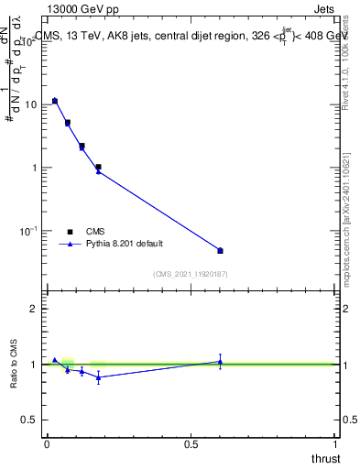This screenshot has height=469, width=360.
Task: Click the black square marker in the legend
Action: (70, 232)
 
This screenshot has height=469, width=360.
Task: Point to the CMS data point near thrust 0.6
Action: (220, 250)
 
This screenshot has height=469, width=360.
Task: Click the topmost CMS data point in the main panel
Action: (55, 101)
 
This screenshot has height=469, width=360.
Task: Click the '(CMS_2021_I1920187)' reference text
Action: (191, 274)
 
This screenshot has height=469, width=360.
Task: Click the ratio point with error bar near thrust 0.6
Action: (220, 362)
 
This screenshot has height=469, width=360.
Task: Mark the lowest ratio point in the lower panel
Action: (98, 377)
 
